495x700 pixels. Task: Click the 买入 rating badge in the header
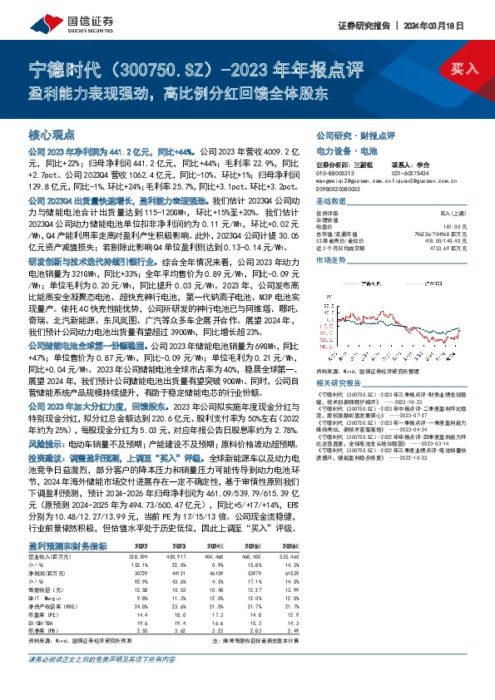pyautogui.click(x=464, y=69)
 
